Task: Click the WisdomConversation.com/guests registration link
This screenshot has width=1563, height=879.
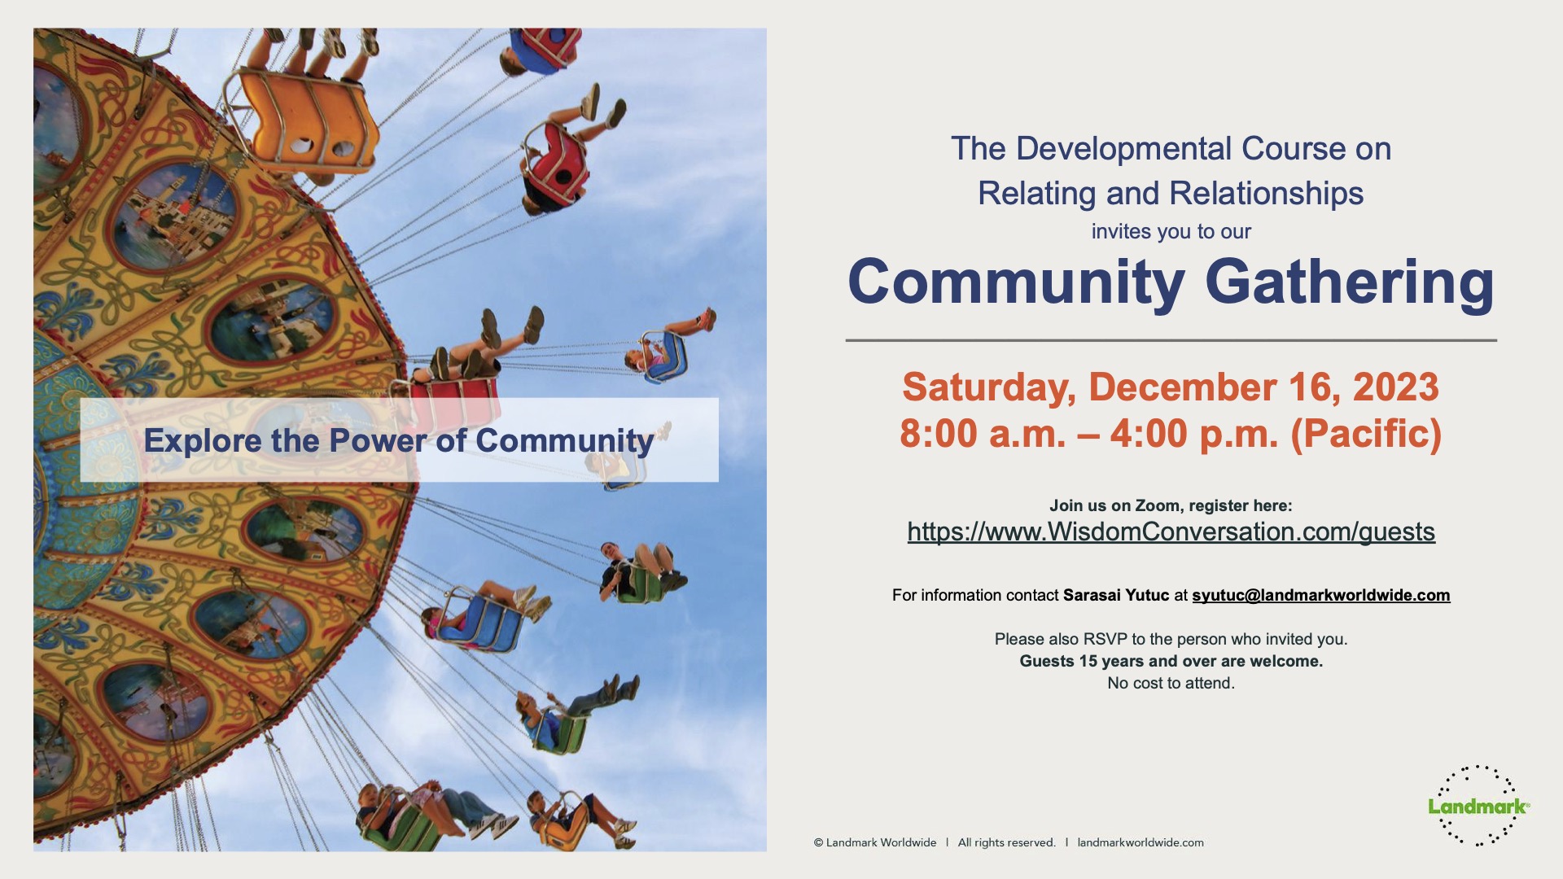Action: pos(1171,531)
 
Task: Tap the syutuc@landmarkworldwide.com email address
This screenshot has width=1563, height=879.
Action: pos(1321,595)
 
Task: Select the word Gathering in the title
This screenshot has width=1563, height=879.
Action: pos(1349,282)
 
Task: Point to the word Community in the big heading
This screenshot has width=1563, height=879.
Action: pos(1016,282)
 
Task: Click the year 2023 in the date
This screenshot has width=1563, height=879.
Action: pos(1395,387)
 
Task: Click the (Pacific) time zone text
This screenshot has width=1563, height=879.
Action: pos(1366,433)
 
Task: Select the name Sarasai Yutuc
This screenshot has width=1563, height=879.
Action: pos(1116,595)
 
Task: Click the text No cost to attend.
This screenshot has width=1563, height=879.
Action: pos(1171,683)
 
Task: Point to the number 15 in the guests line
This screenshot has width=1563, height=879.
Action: pos(1088,661)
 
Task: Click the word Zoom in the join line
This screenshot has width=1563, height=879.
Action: pos(1157,505)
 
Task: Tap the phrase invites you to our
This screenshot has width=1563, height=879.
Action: pos(1171,231)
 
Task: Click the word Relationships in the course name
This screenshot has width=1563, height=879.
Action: pos(1267,194)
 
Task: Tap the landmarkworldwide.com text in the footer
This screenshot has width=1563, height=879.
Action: pos(1140,842)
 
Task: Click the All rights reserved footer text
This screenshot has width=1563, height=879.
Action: pos(1006,842)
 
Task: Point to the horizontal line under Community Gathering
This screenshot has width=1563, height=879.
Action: pos(1171,340)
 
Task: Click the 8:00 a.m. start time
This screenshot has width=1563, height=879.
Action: pos(983,433)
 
